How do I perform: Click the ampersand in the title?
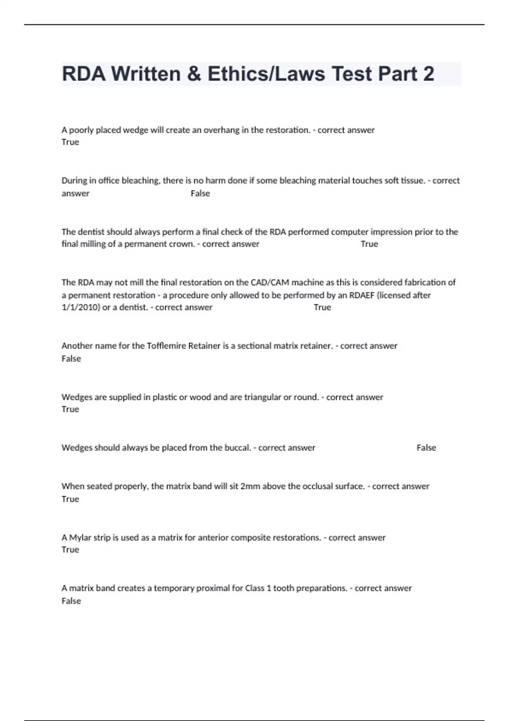[194, 74]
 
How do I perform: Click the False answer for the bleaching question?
[200, 193]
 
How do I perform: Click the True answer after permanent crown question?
[369, 244]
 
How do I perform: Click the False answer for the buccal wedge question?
[426, 448]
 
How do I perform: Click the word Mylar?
[80, 538]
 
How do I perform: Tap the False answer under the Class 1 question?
[71, 601]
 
